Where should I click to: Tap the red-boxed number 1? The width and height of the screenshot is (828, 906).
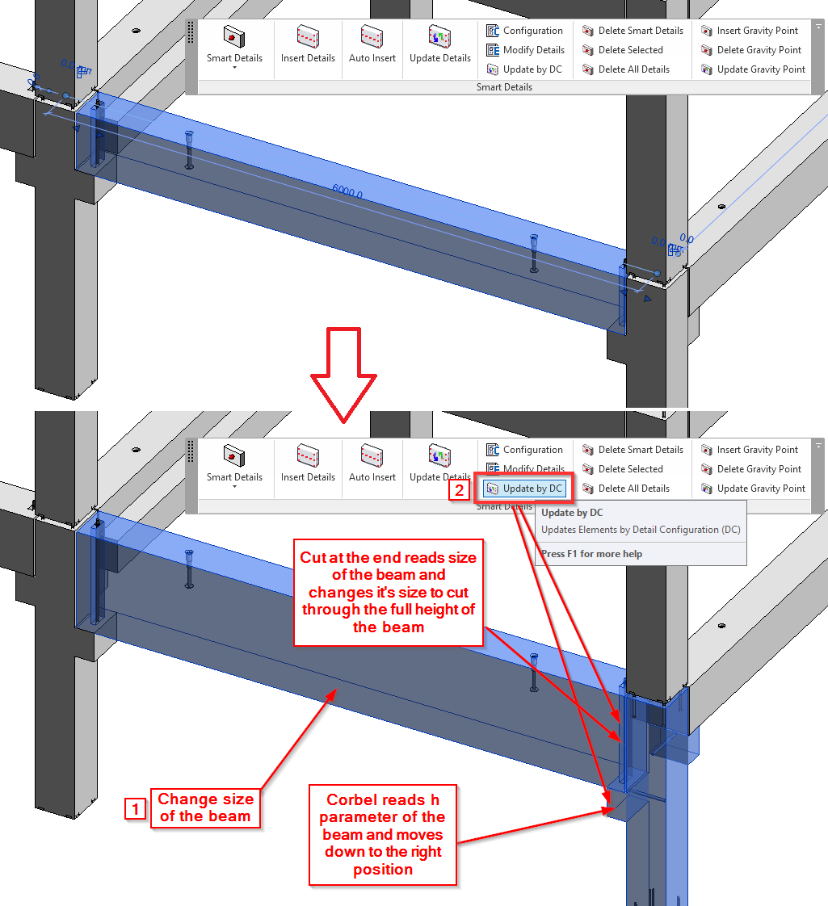click(x=136, y=808)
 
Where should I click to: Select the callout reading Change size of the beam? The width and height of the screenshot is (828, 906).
click(x=205, y=807)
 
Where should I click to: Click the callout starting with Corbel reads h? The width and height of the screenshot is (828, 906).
click(x=383, y=834)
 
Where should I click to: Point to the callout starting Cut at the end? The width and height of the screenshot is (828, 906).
click(x=388, y=592)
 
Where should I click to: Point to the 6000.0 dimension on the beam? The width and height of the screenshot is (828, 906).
click(x=347, y=191)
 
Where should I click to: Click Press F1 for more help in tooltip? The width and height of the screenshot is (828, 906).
click(x=592, y=554)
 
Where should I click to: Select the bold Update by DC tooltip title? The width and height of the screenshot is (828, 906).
click(x=572, y=513)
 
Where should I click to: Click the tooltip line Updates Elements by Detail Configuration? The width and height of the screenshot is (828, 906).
click(x=641, y=530)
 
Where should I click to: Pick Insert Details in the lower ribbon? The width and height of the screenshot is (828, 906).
click(x=308, y=465)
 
